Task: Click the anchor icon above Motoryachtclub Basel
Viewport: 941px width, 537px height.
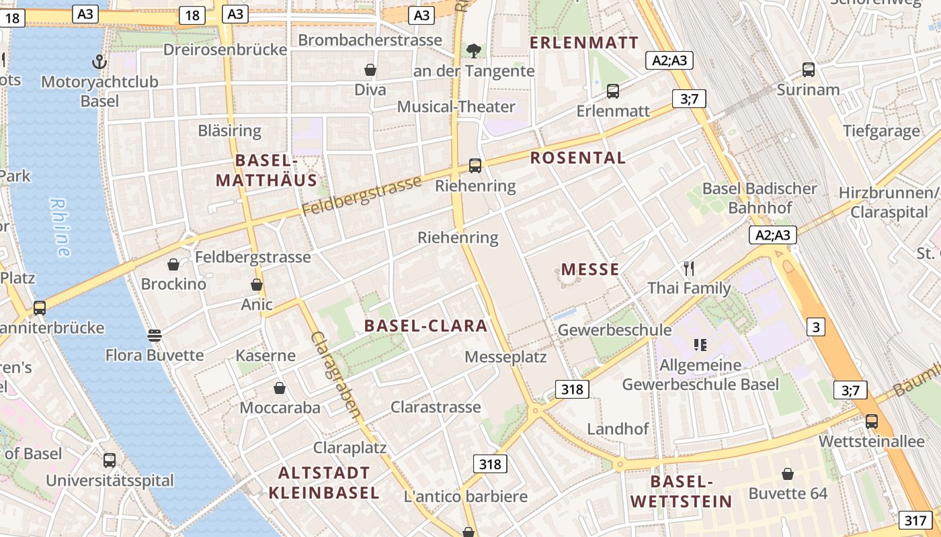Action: click(99, 62)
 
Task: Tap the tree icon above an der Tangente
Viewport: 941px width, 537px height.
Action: click(474, 50)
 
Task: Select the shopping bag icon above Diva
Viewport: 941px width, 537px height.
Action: click(370, 70)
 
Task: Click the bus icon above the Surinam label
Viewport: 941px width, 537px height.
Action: click(809, 69)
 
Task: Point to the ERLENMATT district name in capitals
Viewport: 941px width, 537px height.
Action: click(584, 43)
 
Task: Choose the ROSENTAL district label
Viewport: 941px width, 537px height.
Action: click(578, 158)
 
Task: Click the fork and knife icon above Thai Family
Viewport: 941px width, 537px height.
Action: click(688, 268)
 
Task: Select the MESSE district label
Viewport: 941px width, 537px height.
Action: click(590, 270)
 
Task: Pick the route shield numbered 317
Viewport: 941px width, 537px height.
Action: click(915, 520)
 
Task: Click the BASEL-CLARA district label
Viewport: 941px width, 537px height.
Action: click(425, 326)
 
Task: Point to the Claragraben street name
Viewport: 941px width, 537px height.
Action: click(336, 374)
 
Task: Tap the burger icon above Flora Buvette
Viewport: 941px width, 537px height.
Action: click(155, 335)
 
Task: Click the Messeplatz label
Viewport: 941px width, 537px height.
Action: click(505, 356)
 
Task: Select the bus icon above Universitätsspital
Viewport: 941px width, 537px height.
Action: click(110, 460)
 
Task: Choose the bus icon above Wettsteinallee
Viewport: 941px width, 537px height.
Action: click(872, 422)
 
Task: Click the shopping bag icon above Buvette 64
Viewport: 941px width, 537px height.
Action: click(788, 474)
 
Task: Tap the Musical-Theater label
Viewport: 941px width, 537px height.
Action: click(456, 107)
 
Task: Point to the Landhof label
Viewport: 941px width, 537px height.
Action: click(618, 429)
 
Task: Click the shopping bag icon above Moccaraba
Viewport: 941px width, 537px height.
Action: click(280, 388)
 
